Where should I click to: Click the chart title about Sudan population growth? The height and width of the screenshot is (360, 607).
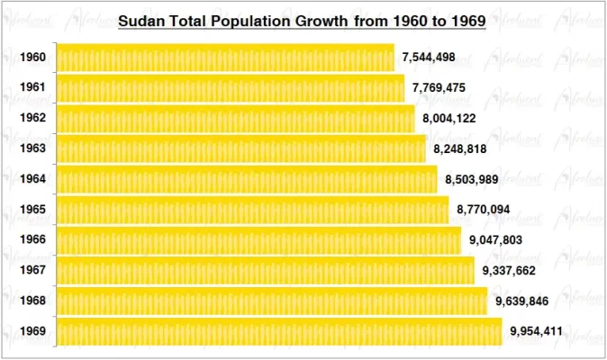click(303, 20)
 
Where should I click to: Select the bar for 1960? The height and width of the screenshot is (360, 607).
click(225, 58)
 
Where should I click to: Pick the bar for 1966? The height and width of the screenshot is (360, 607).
click(258, 240)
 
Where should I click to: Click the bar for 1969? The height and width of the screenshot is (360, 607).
click(279, 331)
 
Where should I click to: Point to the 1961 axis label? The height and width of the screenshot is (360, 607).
click(33, 88)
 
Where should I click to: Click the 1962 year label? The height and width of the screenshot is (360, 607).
click(33, 119)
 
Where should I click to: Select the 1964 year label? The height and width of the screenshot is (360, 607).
click(33, 179)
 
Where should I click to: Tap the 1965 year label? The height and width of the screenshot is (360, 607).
click(33, 210)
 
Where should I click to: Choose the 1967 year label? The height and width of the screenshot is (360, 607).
click(33, 271)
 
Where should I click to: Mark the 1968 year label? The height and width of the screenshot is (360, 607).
click(33, 301)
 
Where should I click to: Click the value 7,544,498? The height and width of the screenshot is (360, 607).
click(429, 58)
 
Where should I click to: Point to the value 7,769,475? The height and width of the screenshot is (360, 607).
click(439, 88)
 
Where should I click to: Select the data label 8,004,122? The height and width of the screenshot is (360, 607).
click(449, 119)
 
